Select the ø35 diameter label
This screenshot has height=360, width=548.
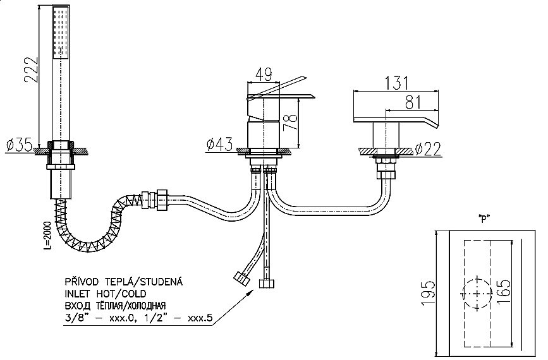(x=19, y=145)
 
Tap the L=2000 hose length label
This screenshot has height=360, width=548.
(x=47, y=236)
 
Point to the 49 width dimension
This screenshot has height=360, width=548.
(x=264, y=75)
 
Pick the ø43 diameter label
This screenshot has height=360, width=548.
(x=219, y=145)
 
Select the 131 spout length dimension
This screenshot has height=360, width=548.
(x=396, y=83)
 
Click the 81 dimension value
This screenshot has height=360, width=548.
(x=413, y=102)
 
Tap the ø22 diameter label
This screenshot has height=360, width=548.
(x=428, y=149)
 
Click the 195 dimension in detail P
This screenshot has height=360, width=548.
(x=428, y=293)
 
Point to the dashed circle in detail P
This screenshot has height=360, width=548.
(x=476, y=294)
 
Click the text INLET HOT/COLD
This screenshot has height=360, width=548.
(x=105, y=294)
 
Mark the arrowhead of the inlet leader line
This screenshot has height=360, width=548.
(x=250, y=293)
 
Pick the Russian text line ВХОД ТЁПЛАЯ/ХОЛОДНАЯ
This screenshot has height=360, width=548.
(x=115, y=306)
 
